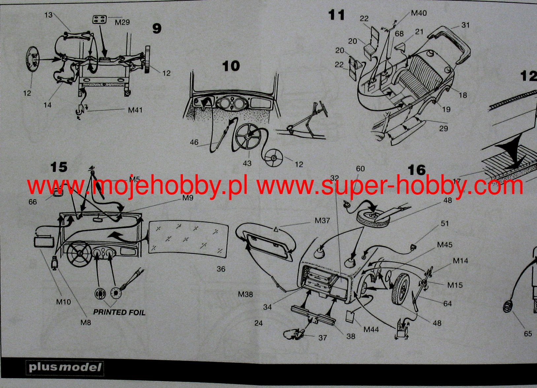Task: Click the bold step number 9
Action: point(157,28)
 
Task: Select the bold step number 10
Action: point(231,66)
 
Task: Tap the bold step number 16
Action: point(417,170)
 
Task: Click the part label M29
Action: point(122,22)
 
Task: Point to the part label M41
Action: point(135,110)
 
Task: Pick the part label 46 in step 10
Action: point(194,142)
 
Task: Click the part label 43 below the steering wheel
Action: point(247,163)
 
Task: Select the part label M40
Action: point(419,13)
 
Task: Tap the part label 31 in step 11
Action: point(465,25)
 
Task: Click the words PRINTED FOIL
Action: point(119,312)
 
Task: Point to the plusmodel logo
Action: point(65,368)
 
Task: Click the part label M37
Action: point(322,220)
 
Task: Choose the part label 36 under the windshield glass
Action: point(221,269)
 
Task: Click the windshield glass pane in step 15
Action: point(188,240)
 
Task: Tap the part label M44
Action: point(371,329)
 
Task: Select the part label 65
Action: point(528,334)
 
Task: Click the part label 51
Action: point(445,223)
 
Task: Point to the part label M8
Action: point(85,322)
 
